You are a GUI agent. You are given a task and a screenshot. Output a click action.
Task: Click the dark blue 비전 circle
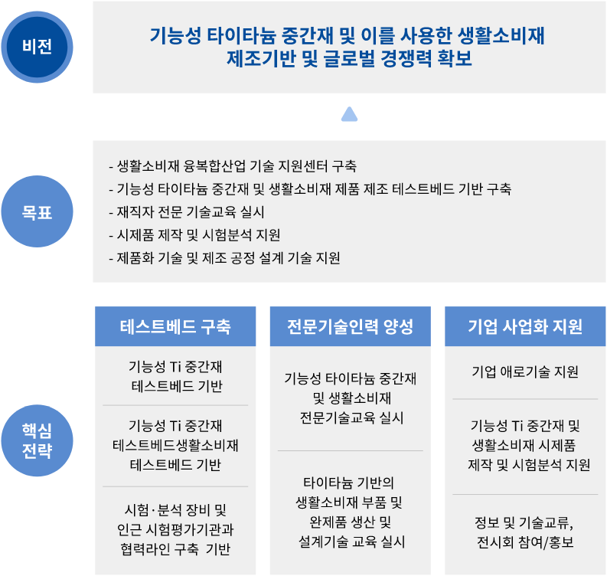[x=38, y=47]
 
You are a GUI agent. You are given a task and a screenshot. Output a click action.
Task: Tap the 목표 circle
[x=38, y=211]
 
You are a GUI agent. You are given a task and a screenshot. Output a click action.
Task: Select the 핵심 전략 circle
[x=38, y=440]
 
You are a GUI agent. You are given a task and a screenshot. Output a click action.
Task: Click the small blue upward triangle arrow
[x=349, y=114]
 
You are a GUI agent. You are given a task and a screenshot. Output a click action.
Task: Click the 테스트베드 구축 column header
[x=175, y=326]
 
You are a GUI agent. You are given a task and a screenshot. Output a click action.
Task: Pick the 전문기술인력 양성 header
[x=351, y=326]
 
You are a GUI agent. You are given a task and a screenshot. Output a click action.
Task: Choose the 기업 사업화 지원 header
[x=525, y=326]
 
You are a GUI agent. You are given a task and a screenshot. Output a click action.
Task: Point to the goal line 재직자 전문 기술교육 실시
[x=187, y=212]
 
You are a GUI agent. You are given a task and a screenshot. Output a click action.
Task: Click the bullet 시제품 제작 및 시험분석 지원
[x=194, y=234]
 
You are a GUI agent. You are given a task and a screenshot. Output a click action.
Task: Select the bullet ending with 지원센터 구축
[x=233, y=166]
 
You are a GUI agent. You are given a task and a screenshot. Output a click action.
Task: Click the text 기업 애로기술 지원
[x=525, y=371]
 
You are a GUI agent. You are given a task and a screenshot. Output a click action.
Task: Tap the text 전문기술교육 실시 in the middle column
[x=351, y=417]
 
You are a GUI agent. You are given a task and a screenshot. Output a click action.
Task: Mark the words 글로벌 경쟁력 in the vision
[x=377, y=58]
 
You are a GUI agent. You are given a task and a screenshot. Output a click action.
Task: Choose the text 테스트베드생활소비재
[x=175, y=445]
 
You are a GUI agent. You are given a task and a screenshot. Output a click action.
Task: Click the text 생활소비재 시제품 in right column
[x=524, y=445]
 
